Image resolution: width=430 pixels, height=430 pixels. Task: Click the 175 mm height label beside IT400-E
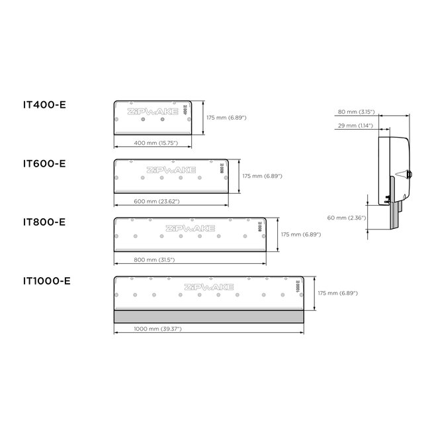click(226, 117)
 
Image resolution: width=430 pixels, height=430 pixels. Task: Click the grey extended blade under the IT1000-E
click(208, 316)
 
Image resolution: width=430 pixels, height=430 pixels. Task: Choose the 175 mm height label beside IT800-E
click(301, 234)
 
